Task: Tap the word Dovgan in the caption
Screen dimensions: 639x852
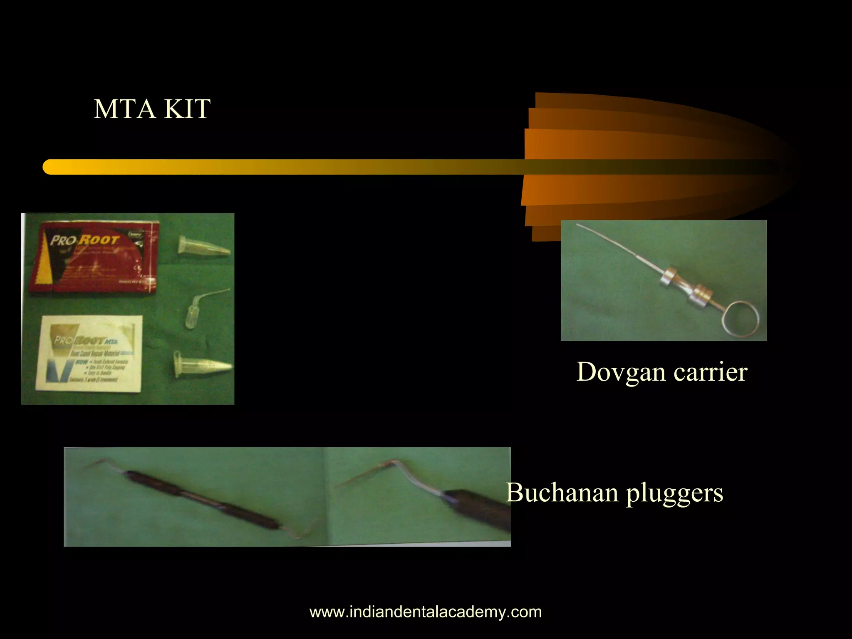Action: coord(621,372)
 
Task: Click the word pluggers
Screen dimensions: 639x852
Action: coord(674,493)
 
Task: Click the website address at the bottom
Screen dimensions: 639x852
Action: coord(426,612)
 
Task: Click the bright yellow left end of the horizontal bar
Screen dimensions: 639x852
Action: coord(52,167)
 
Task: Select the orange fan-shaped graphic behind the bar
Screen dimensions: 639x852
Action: coord(624,137)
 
